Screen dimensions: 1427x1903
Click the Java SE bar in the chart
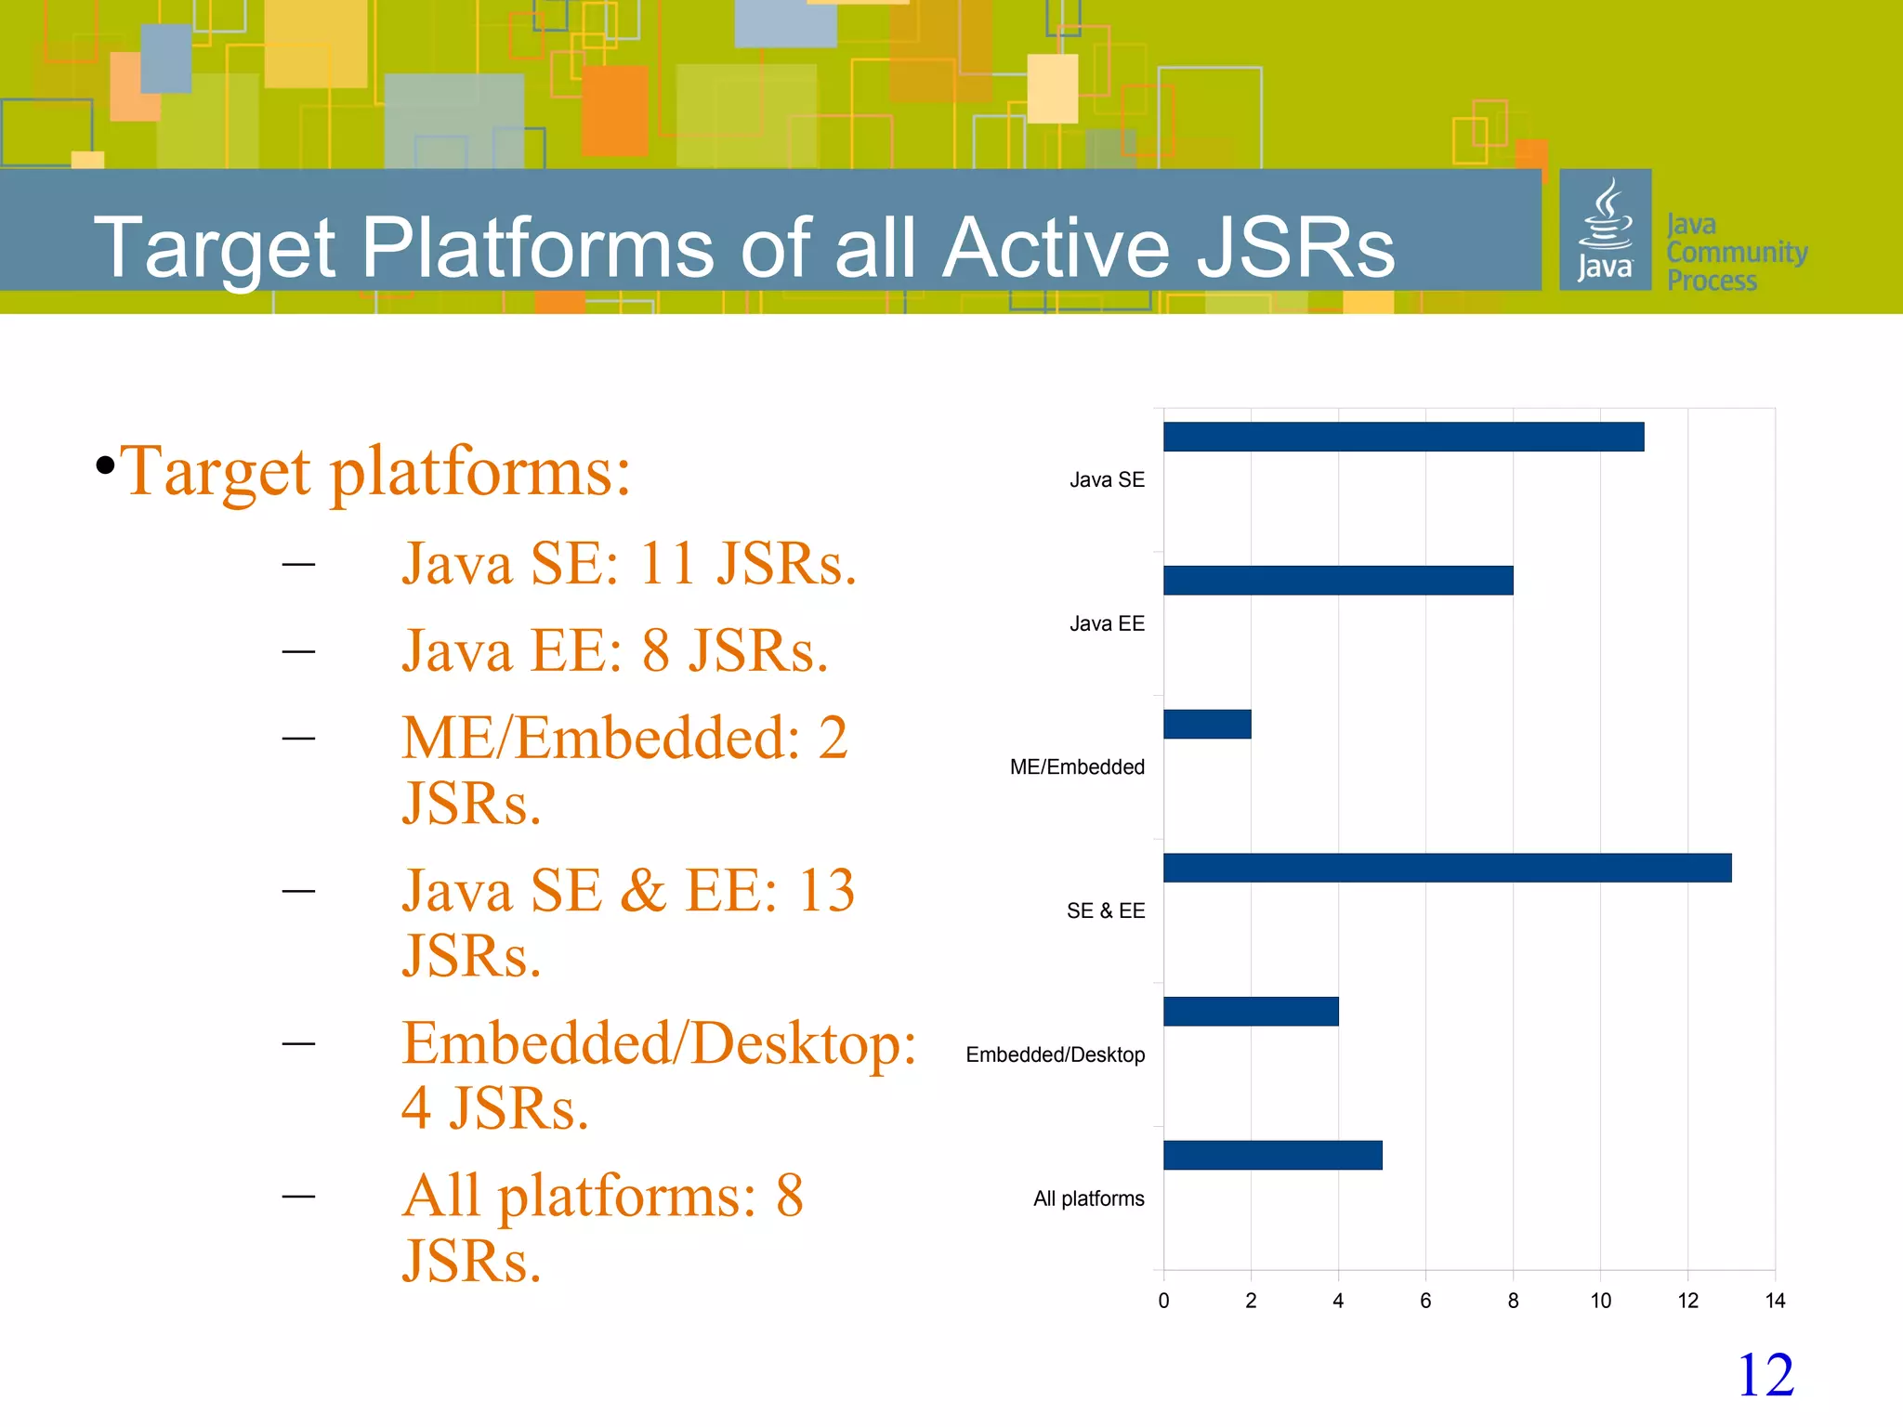(x=1403, y=437)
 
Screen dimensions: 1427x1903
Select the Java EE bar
(x=1338, y=581)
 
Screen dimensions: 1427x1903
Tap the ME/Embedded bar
(x=1207, y=724)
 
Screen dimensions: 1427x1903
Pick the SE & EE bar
(x=1447, y=868)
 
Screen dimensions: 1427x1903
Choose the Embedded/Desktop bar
(x=1251, y=1011)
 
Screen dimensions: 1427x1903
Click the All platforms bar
(x=1272, y=1155)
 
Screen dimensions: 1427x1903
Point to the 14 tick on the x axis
(x=1775, y=1301)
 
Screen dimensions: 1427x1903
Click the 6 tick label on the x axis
(x=1425, y=1301)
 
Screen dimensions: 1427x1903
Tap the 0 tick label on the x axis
(x=1163, y=1301)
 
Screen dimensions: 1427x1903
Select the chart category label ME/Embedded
(x=1077, y=767)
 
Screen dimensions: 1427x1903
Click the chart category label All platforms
(x=1088, y=1198)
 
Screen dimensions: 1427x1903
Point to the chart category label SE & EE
(x=1105, y=911)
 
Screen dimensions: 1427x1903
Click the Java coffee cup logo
(x=1605, y=229)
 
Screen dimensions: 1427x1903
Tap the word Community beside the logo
(x=1737, y=253)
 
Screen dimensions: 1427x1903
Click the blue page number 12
(x=1765, y=1375)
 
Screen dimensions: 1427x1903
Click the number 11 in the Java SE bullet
(x=667, y=564)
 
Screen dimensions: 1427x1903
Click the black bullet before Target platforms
(x=105, y=465)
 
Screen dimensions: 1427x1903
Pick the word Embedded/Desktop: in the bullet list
(x=659, y=1044)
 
